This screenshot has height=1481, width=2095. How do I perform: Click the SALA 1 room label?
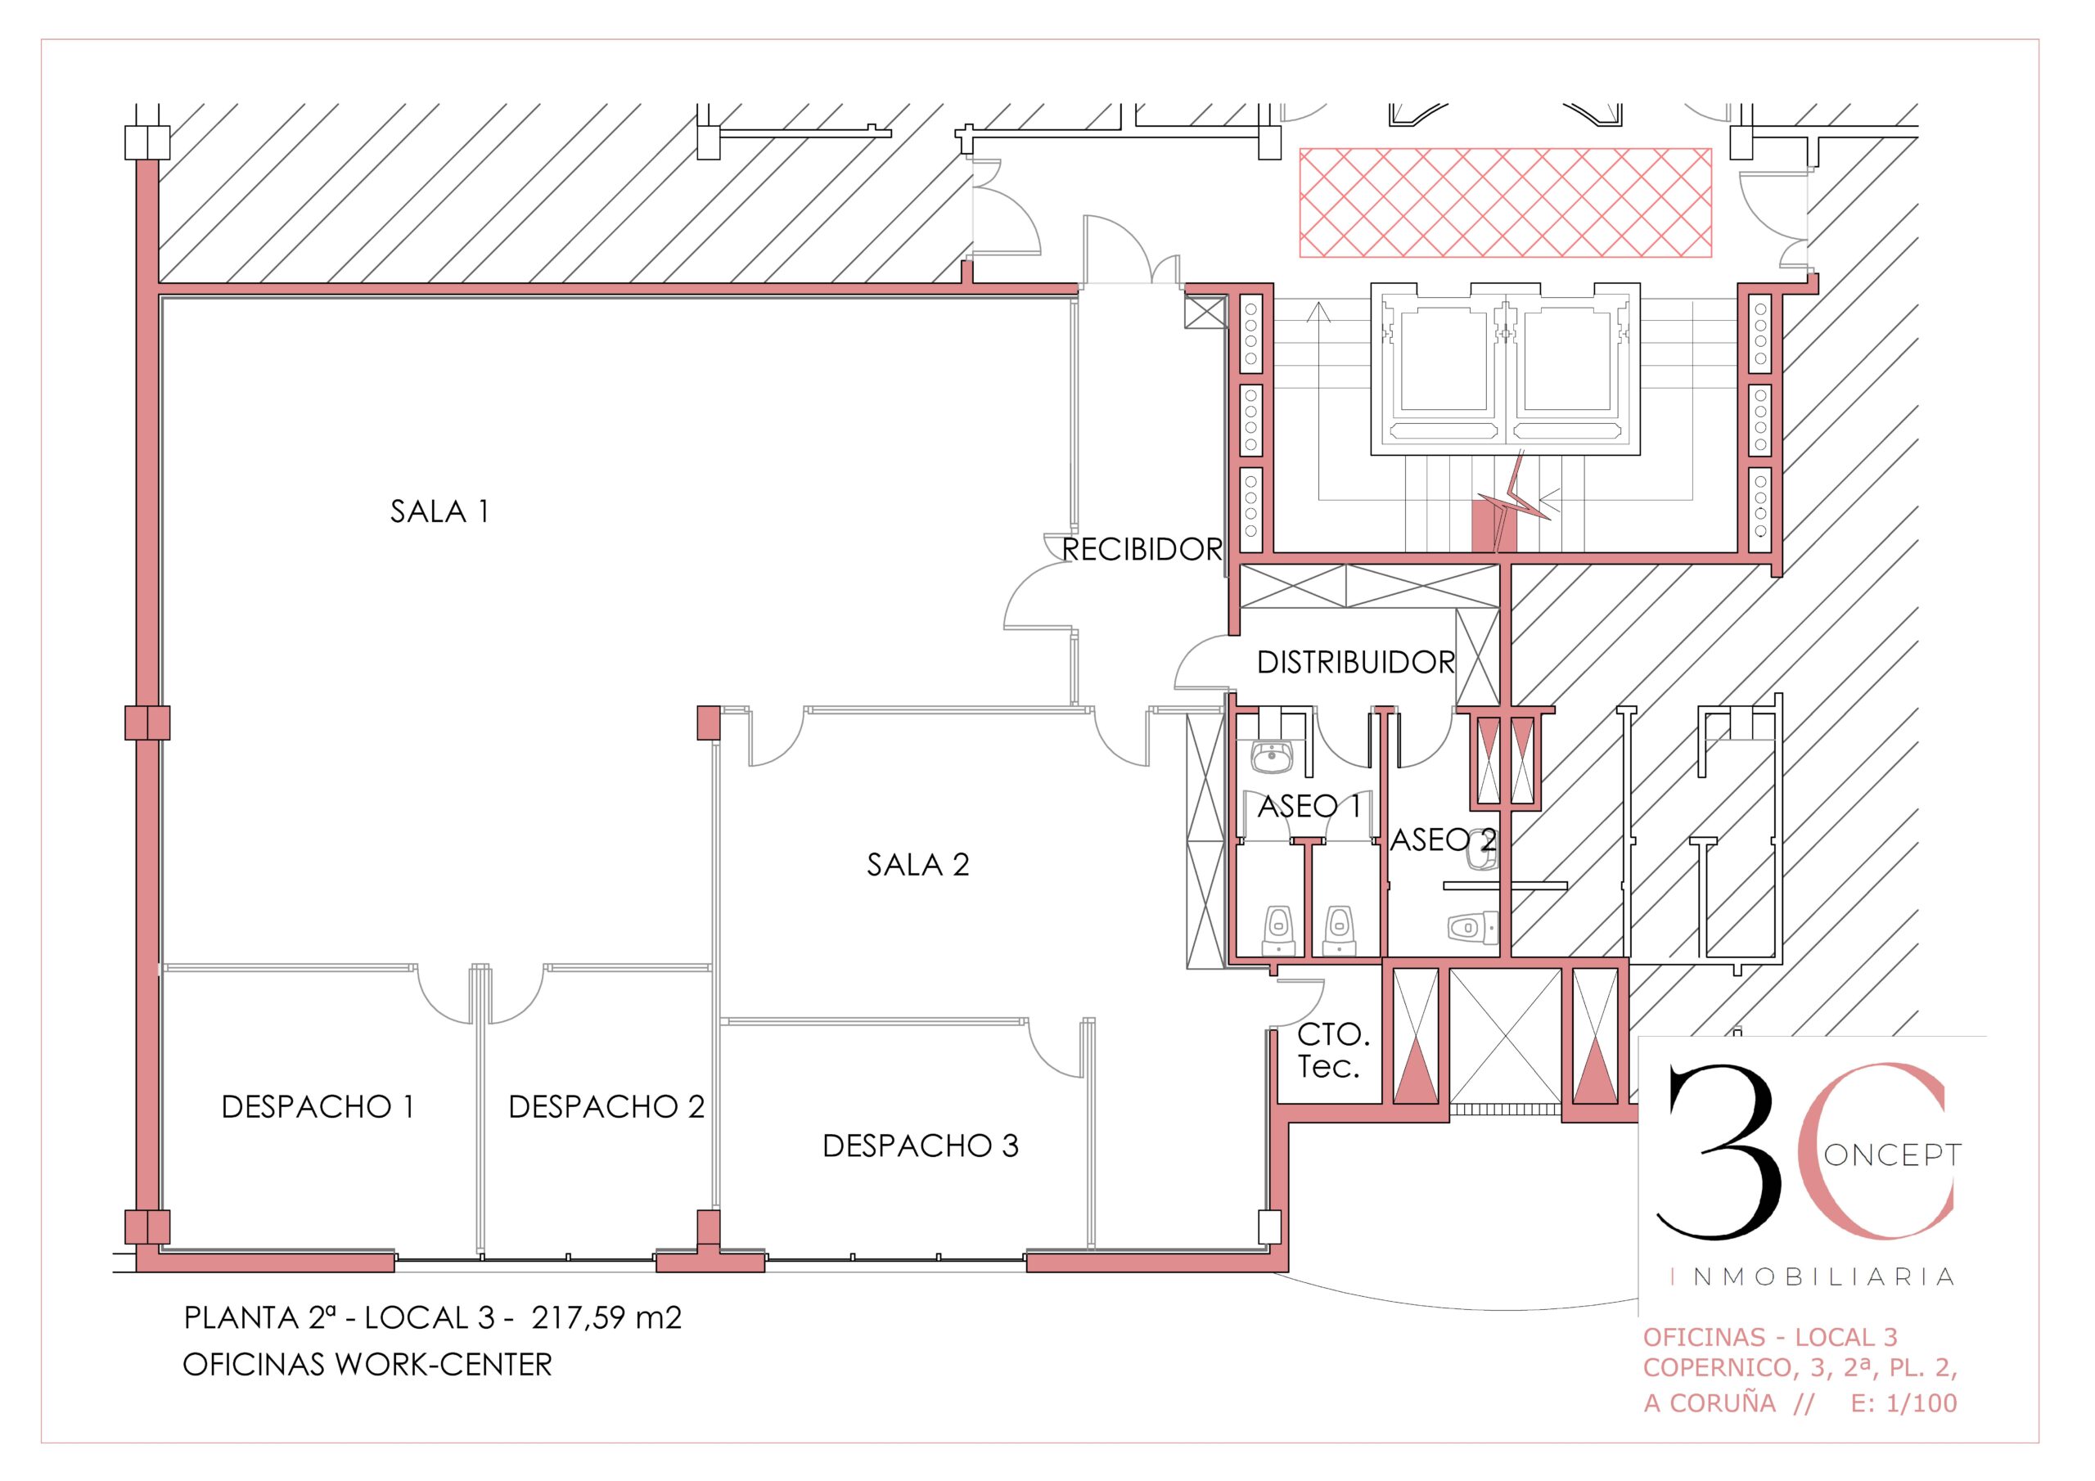[439, 511]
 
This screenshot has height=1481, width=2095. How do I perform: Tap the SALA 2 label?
[918, 864]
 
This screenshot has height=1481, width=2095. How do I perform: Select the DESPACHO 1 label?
[318, 1107]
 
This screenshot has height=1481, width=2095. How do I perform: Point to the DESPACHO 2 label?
[606, 1107]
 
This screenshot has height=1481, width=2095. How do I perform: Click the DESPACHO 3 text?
[921, 1146]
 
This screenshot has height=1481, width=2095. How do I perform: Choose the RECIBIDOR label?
[1142, 549]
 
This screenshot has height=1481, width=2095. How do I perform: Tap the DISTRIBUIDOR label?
[1356, 663]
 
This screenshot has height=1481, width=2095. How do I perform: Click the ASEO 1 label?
[1309, 807]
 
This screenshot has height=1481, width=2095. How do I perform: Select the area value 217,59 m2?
[606, 1317]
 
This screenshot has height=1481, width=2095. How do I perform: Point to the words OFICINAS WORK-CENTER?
[367, 1365]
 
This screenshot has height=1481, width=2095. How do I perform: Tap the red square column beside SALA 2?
[709, 722]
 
